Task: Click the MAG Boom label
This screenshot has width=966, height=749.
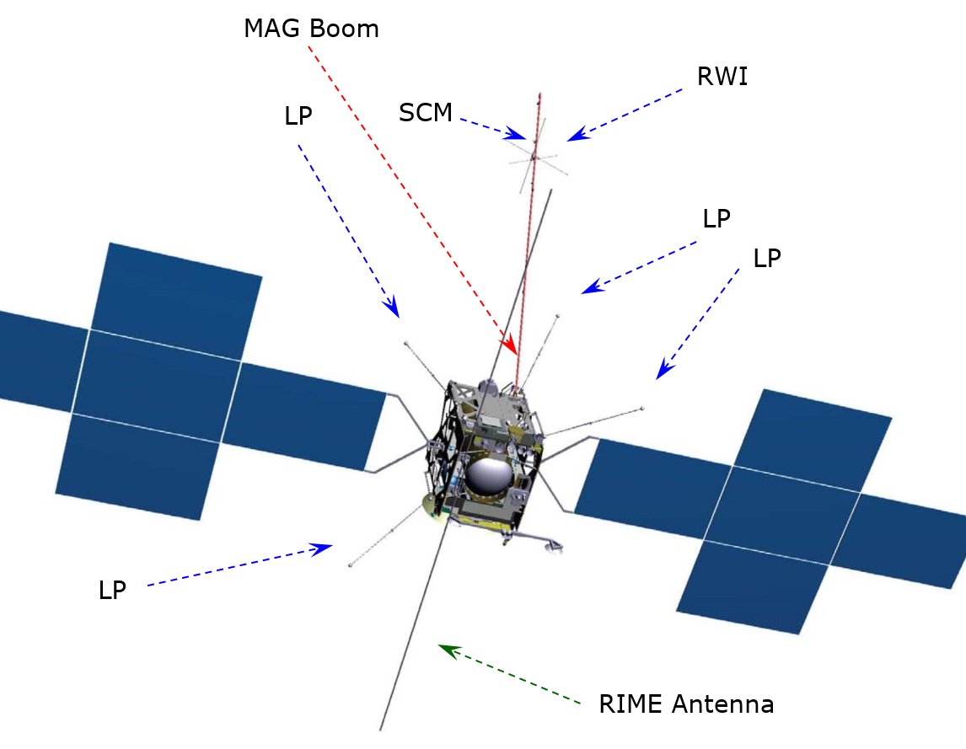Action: (311, 29)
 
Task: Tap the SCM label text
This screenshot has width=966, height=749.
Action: (426, 112)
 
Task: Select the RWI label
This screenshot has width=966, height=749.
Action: (722, 77)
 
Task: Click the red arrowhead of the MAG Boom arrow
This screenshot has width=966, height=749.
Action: (510, 347)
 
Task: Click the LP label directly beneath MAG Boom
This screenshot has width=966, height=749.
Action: (298, 117)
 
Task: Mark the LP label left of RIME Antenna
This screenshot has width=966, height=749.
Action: (112, 591)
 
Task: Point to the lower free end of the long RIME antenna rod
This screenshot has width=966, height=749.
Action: (383, 728)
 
